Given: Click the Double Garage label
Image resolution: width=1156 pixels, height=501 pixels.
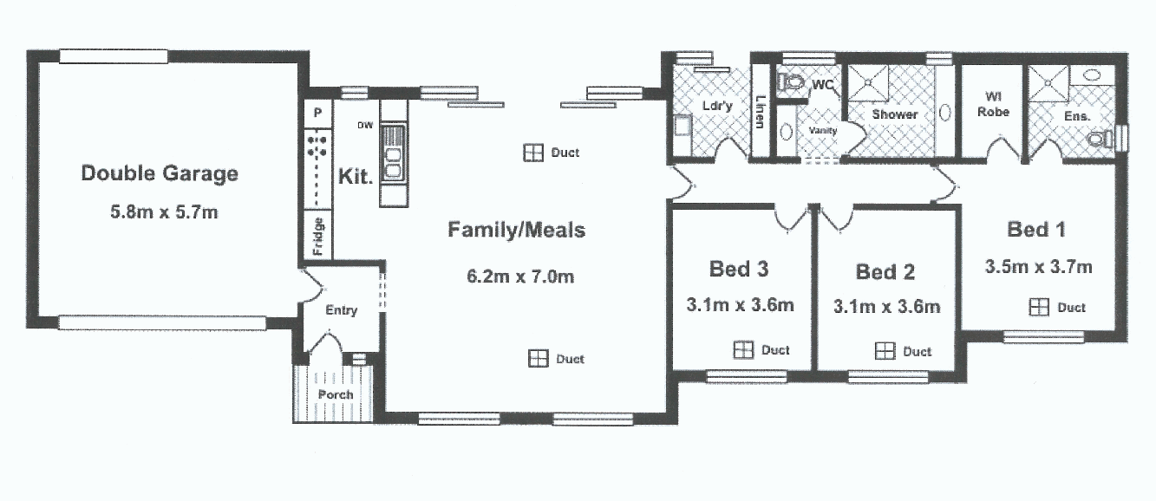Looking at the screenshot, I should pyautogui.click(x=159, y=173).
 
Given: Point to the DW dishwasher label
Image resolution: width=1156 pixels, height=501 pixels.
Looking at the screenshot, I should pyautogui.click(x=365, y=126).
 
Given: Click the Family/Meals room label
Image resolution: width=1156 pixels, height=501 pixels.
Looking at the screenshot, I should pyautogui.click(x=516, y=231).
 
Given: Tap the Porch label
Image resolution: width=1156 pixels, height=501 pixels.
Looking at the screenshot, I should pyautogui.click(x=336, y=394).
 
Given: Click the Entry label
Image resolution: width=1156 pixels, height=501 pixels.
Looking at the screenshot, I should pyautogui.click(x=341, y=310).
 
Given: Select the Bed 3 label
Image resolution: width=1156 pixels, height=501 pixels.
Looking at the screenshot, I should pyautogui.click(x=739, y=269).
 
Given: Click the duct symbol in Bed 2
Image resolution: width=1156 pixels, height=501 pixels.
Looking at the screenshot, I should pyautogui.click(x=884, y=351).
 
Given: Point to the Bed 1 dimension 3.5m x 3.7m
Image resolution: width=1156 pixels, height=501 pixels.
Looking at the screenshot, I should pyautogui.click(x=1038, y=267).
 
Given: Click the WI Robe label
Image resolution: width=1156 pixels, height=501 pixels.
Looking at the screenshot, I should pyautogui.click(x=992, y=104).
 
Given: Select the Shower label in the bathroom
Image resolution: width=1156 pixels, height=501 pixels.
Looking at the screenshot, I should pyautogui.click(x=895, y=114).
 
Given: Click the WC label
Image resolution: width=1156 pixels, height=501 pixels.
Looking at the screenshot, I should pyautogui.click(x=823, y=85).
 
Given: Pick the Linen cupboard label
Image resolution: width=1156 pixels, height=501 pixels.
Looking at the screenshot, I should pyautogui.click(x=761, y=111).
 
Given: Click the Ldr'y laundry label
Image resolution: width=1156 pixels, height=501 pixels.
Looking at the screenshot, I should pyautogui.click(x=717, y=106).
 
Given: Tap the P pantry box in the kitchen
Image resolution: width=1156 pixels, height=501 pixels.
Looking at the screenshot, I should pyautogui.click(x=317, y=113).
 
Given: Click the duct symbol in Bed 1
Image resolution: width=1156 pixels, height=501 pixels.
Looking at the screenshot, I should pyautogui.click(x=1038, y=307).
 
